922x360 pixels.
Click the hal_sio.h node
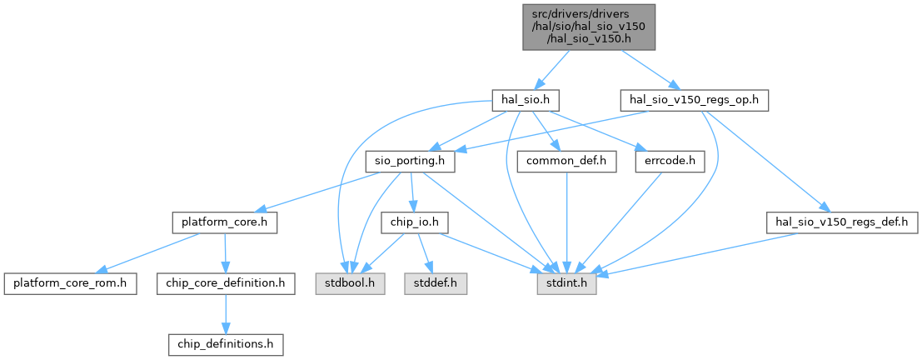pyautogui.click(x=523, y=100)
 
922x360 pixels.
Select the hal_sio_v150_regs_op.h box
pyautogui.click(x=693, y=100)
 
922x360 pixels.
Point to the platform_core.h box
pyautogui.click(x=224, y=223)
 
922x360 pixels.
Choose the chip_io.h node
pyautogui.click(x=415, y=223)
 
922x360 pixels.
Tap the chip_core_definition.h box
pyautogui.click(x=225, y=283)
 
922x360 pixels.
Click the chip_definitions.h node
pyautogui.click(x=225, y=343)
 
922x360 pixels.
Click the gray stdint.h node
pyautogui.click(x=566, y=283)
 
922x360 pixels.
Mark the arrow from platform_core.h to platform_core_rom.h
pyautogui.click(x=150, y=252)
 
